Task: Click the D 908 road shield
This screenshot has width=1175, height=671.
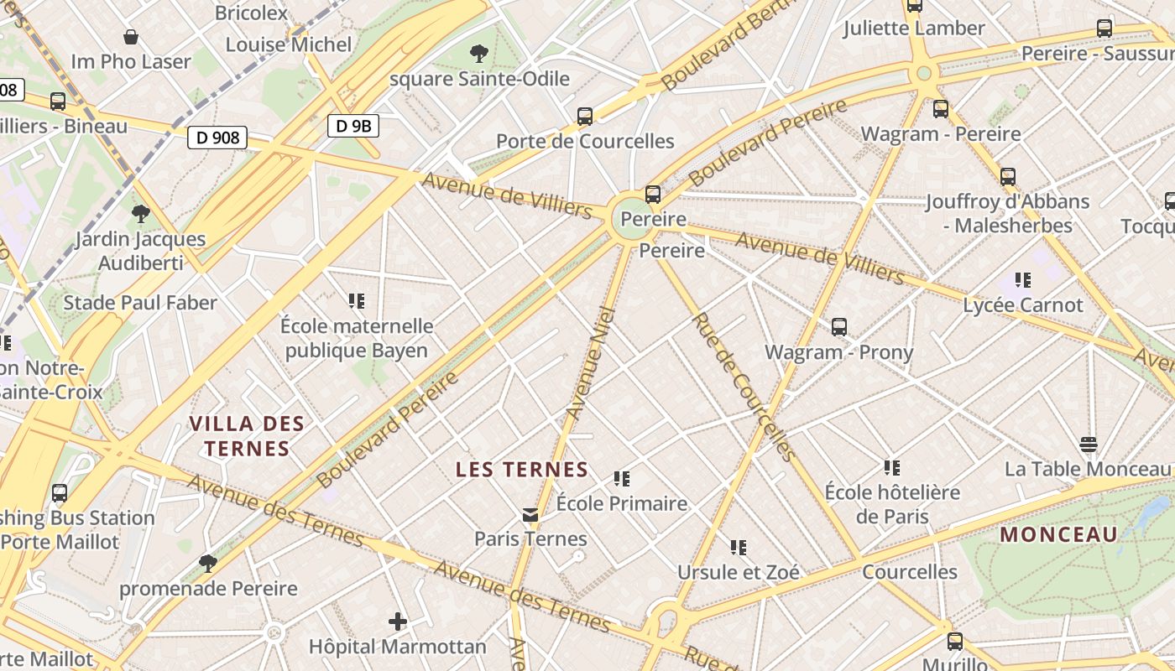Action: (x=218, y=137)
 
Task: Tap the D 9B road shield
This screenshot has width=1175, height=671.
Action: (x=352, y=127)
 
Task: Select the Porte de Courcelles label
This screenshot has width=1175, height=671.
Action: (x=585, y=141)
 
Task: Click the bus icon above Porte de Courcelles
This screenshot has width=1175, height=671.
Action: (x=585, y=117)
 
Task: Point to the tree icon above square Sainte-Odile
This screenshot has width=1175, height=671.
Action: (x=479, y=55)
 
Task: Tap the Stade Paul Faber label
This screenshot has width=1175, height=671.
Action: (x=140, y=303)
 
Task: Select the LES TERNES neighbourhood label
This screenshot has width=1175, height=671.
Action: (x=522, y=470)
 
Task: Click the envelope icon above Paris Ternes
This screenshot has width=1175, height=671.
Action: (x=530, y=514)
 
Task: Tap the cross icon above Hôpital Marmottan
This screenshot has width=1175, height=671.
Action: (x=398, y=622)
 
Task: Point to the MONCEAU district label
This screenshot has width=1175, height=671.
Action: (x=1059, y=534)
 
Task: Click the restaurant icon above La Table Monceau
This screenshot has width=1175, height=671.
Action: (x=1088, y=445)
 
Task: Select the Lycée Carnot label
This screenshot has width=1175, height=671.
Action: (x=1023, y=304)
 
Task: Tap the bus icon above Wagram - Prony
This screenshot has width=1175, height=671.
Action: (x=839, y=327)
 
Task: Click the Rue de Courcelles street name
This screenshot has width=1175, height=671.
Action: (x=742, y=388)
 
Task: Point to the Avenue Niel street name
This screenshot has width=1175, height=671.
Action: (x=591, y=363)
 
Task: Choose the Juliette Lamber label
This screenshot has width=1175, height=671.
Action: (x=914, y=28)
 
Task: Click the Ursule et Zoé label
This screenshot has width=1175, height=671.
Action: (x=739, y=572)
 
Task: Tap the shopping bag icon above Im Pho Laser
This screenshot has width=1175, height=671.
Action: (x=131, y=37)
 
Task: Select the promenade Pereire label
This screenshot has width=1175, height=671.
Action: (x=208, y=588)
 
